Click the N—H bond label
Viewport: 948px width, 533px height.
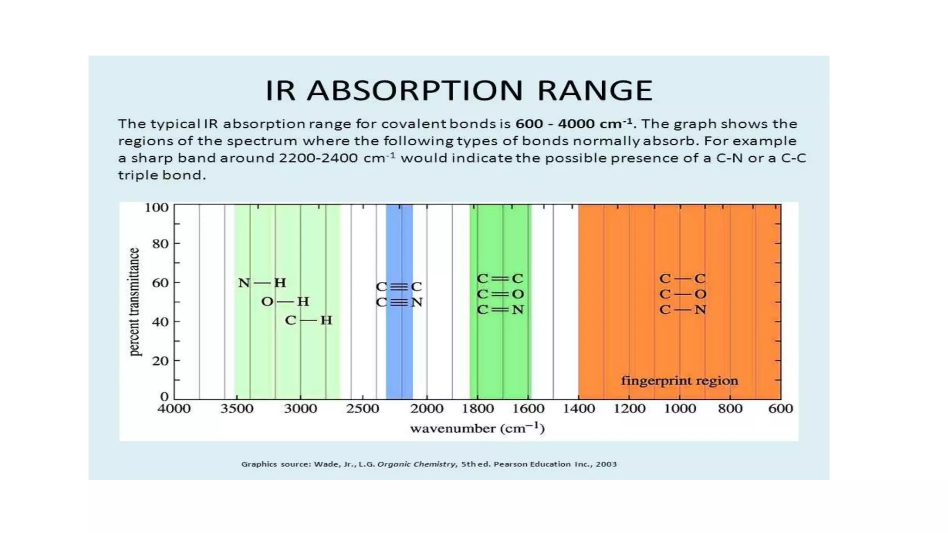click(x=262, y=283)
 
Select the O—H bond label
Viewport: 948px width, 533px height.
click(x=285, y=302)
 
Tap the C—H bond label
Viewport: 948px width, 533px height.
click(x=309, y=320)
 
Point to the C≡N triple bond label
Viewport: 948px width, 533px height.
click(x=399, y=303)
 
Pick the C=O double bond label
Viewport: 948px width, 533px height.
click(x=500, y=294)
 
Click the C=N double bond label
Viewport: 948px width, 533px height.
click(x=500, y=310)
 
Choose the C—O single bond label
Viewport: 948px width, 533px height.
click(x=683, y=294)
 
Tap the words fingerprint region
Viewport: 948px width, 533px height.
click(x=680, y=381)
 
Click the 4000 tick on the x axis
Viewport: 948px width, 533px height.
click(x=174, y=409)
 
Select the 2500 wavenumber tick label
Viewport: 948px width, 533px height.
click(x=363, y=409)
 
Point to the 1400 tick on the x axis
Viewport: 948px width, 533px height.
click(x=579, y=409)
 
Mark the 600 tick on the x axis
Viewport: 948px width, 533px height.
click(x=780, y=409)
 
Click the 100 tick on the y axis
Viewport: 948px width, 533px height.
click(x=156, y=207)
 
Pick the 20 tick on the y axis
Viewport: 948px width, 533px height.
click(x=160, y=361)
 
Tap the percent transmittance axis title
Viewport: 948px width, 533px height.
click(x=134, y=302)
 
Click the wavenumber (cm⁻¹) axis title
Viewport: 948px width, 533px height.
click(x=477, y=428)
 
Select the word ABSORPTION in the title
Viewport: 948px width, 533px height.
click(x=415, y=90)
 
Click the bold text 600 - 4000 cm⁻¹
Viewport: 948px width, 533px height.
click(x=574, y=124)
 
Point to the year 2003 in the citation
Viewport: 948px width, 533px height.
click(x=606, y=464)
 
